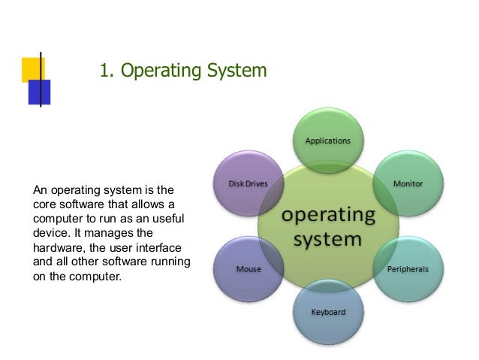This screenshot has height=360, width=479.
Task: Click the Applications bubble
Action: pos(327,141)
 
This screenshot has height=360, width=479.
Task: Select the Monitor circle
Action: pos(408,184)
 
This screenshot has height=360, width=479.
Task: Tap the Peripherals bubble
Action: pos(408,268)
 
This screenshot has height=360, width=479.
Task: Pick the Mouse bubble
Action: pos(249,268)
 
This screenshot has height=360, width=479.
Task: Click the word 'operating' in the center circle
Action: pos(328,215)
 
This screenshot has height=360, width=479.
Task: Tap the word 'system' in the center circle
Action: pos(328,241)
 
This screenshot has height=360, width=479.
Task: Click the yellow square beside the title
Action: pos(32,69)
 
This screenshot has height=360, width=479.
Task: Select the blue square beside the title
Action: pos(40,91)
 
